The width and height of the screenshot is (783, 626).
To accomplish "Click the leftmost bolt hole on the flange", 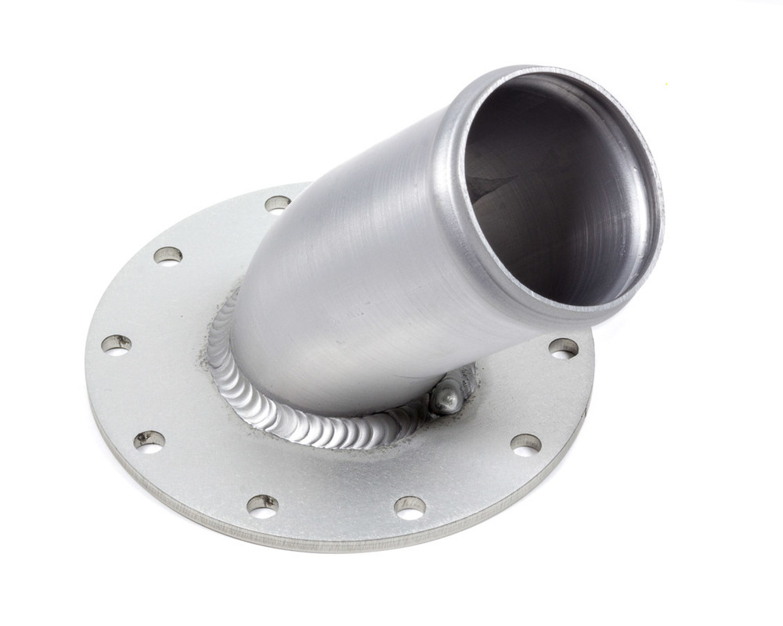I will point(116,344).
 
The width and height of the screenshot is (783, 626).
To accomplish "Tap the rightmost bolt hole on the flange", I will point(563,348).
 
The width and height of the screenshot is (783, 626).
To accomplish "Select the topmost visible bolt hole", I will point(277,204).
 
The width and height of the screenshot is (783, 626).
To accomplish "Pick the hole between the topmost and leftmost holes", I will point(168,255).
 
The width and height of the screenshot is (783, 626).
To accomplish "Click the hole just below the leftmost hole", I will point(149,441).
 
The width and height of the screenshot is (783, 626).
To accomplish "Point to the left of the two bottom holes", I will point(262,505).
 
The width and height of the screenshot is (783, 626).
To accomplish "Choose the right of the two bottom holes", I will point(410,507).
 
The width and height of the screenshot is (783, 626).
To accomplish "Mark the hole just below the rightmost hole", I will point(525,444).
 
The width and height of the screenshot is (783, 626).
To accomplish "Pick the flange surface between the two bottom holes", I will point(337,501).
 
